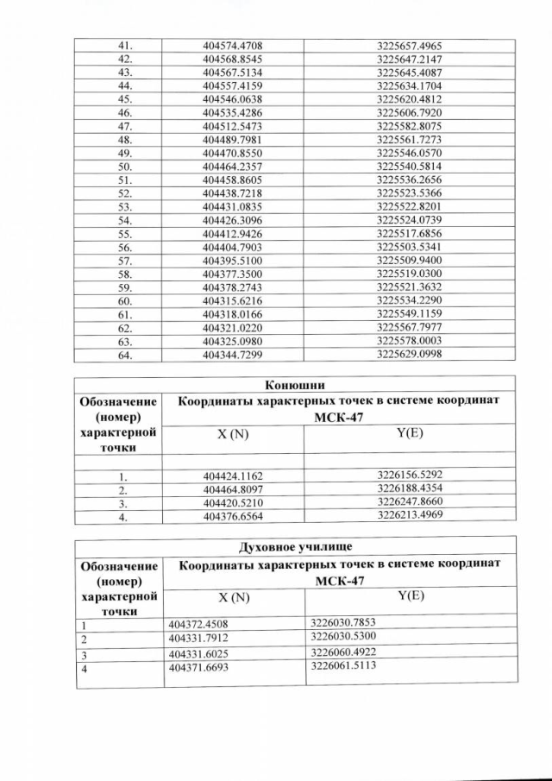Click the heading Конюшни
[295, 385]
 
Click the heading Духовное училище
[295, 545]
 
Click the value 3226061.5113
[344, 665]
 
